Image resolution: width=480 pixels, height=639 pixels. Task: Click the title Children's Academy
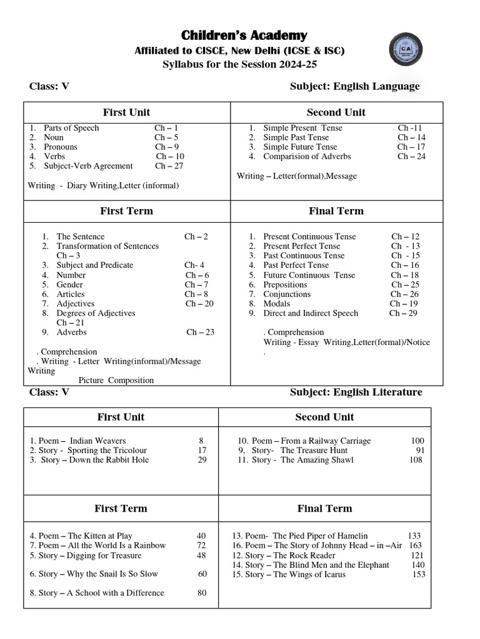244,35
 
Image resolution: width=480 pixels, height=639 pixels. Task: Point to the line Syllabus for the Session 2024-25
244,64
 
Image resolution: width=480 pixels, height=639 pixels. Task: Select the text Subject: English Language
354,86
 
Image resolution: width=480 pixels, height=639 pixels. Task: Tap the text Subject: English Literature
356,392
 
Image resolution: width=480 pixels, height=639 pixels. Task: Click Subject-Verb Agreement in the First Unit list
88,166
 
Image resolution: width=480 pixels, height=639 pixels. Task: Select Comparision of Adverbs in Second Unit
307,157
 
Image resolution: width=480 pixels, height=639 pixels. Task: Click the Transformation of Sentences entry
107,246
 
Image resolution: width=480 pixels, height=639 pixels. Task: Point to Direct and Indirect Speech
311,313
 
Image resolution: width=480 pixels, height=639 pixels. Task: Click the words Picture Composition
116,380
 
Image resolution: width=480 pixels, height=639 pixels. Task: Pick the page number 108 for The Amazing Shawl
416,460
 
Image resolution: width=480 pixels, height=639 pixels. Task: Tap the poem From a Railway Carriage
311,441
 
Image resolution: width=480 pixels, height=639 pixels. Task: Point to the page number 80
202,593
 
